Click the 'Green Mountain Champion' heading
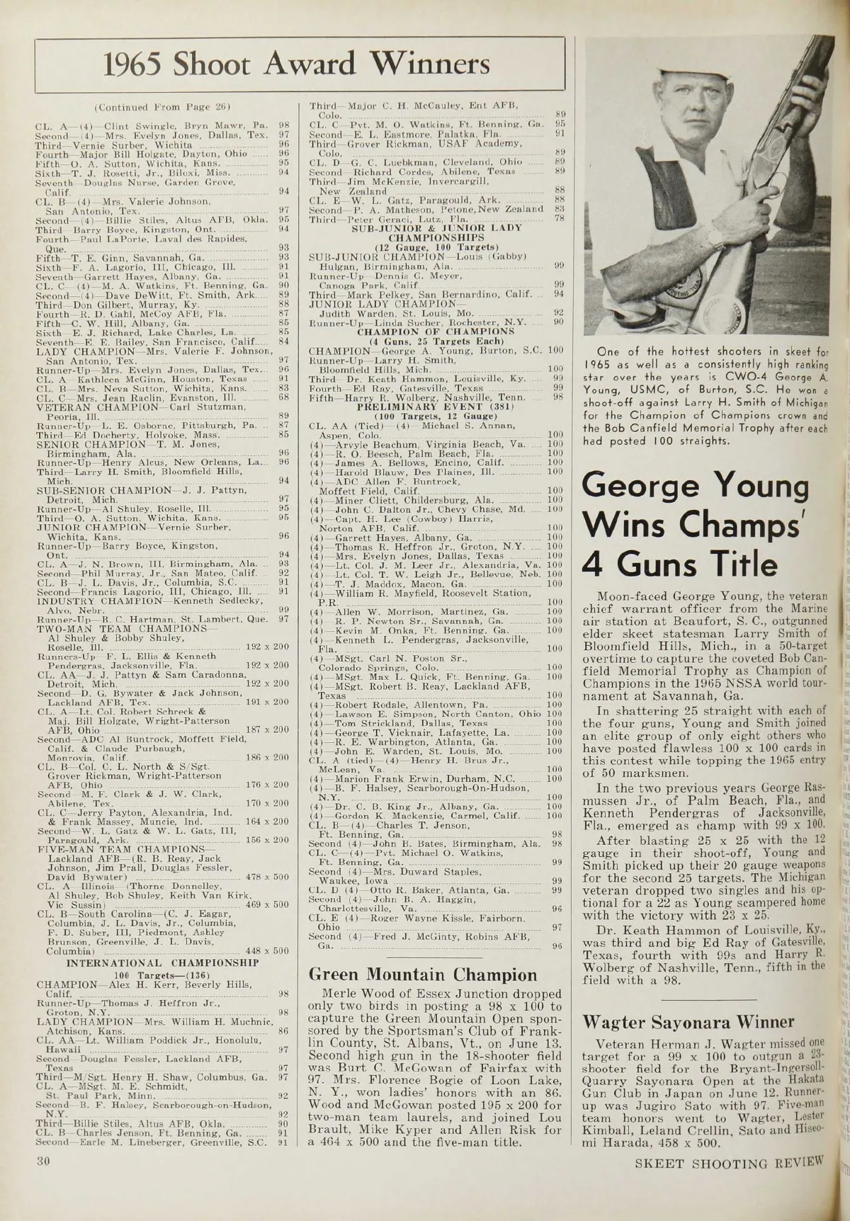point(424,975)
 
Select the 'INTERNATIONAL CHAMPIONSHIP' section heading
point(162,963)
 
